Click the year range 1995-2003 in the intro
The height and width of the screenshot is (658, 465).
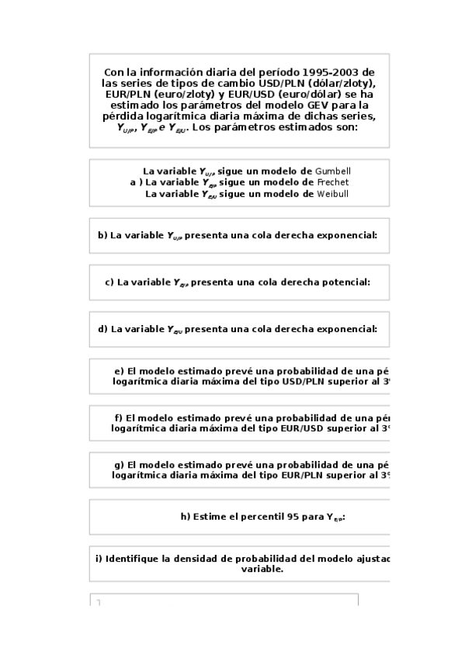tap(336, 71)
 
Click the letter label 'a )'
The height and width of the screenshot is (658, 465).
tap(136, 182)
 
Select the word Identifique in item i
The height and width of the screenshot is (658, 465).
tap(134, 559)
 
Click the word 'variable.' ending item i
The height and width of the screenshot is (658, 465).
tap(262, 569)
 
